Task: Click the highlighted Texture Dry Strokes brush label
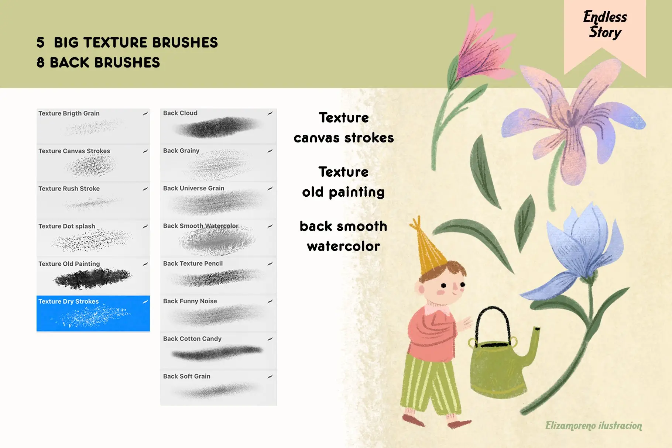(69, 301)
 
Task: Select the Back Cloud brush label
(180, 113)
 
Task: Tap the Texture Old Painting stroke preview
(93, 279)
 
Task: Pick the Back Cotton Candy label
(192, 339)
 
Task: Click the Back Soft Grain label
(186, 376)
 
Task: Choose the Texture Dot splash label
(67, 226)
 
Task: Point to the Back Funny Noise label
(190, 301)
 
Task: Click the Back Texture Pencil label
(193, 263)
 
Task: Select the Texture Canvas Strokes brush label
(74, 151)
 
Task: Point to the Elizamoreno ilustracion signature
(593, 425)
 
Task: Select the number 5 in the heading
(40, 43)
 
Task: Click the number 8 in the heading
(40, 63)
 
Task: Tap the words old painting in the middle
(343, 192)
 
